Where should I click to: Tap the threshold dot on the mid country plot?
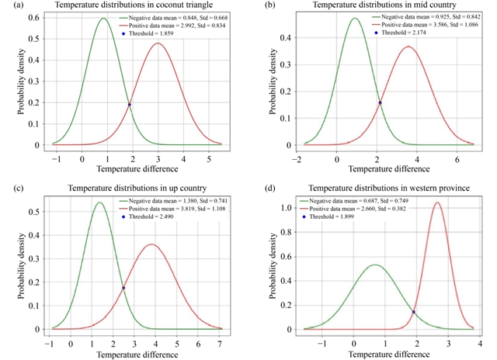coord(380,102)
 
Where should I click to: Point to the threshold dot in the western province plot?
coord(413,312)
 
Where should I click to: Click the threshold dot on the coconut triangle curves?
coord(129,104)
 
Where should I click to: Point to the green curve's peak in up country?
coord(99,202)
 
